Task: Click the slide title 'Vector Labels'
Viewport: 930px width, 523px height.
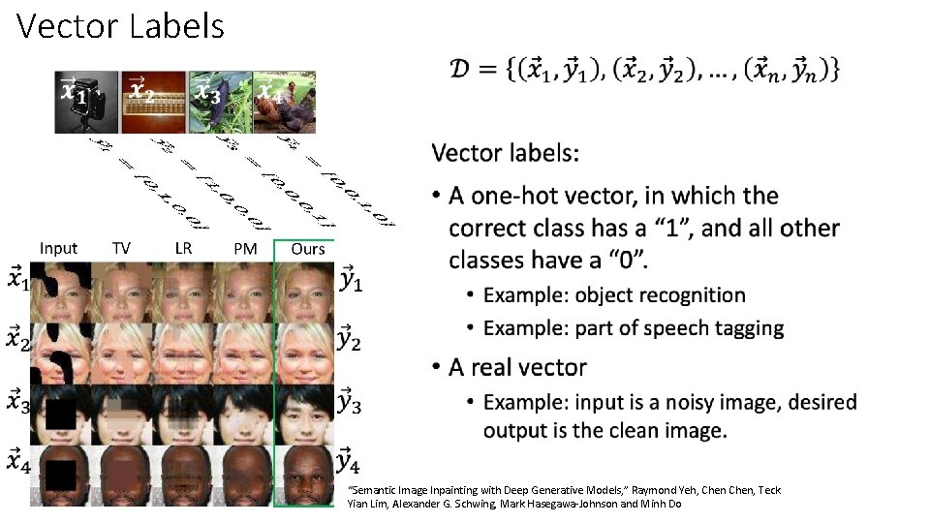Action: pos(120,26)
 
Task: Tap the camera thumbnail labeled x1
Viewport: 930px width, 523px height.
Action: pos(86,102)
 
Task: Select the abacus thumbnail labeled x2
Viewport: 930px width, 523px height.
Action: pos(153,102)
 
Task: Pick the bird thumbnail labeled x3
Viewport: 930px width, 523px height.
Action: pos(220,102)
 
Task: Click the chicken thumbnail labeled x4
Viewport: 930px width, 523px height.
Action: pos(285,102)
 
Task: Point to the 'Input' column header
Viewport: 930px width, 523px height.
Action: pos(58,249)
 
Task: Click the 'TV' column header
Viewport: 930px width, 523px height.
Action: pos(121,249)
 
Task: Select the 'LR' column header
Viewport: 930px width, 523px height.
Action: pos(183,248)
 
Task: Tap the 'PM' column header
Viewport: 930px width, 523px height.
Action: pos(245,249)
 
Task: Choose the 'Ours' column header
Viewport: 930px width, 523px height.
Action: pos(308,249)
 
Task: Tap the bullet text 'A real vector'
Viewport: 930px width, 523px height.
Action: pos(517,368)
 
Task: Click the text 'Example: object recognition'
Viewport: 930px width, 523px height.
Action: pos(614,295)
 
